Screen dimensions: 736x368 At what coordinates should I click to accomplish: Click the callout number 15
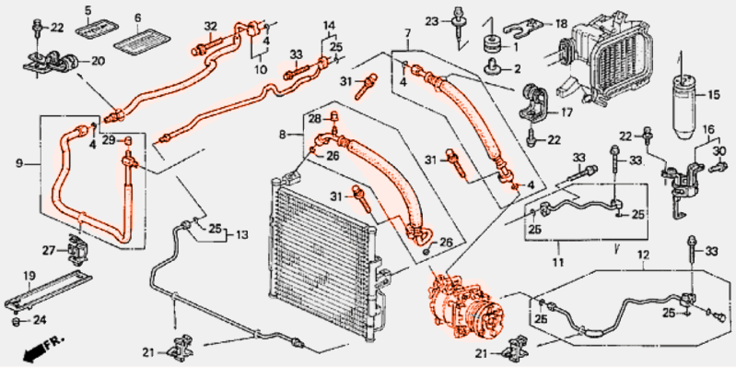pos(714,96)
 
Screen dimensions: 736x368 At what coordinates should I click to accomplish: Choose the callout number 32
pos(211,27)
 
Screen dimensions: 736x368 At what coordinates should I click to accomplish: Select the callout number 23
pos(432,21)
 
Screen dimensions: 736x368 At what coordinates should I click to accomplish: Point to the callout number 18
pos(561,23)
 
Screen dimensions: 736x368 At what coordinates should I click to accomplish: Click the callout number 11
pos(558,260)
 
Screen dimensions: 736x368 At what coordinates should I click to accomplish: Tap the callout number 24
pos(40,321)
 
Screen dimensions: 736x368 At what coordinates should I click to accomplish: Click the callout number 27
pos(51,250)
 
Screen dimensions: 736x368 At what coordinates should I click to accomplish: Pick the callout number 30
pos(719,151)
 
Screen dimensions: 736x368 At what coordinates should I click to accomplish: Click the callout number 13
pos(242,235)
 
